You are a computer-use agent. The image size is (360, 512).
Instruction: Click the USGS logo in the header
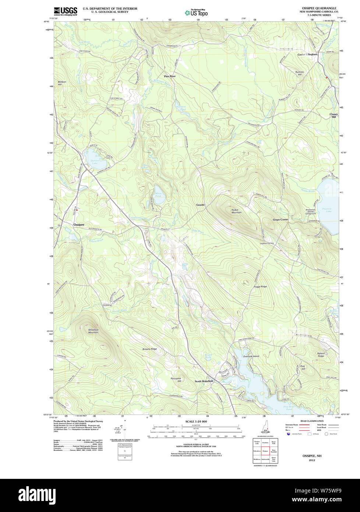66,11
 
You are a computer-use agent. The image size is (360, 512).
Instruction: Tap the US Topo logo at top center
196,13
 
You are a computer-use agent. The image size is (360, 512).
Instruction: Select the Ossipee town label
79,224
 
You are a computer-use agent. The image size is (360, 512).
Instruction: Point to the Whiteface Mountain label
93,331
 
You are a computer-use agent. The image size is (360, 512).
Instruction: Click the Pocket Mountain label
236,211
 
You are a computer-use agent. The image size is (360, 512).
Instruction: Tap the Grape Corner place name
280,220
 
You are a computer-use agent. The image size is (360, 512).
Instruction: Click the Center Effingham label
307,55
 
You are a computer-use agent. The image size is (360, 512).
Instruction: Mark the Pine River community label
170,76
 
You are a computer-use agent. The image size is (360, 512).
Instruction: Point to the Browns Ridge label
149,349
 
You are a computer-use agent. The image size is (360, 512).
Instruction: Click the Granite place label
200,205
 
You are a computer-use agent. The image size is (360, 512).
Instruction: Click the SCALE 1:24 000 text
196,421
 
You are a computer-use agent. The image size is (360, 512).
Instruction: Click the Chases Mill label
333,115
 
